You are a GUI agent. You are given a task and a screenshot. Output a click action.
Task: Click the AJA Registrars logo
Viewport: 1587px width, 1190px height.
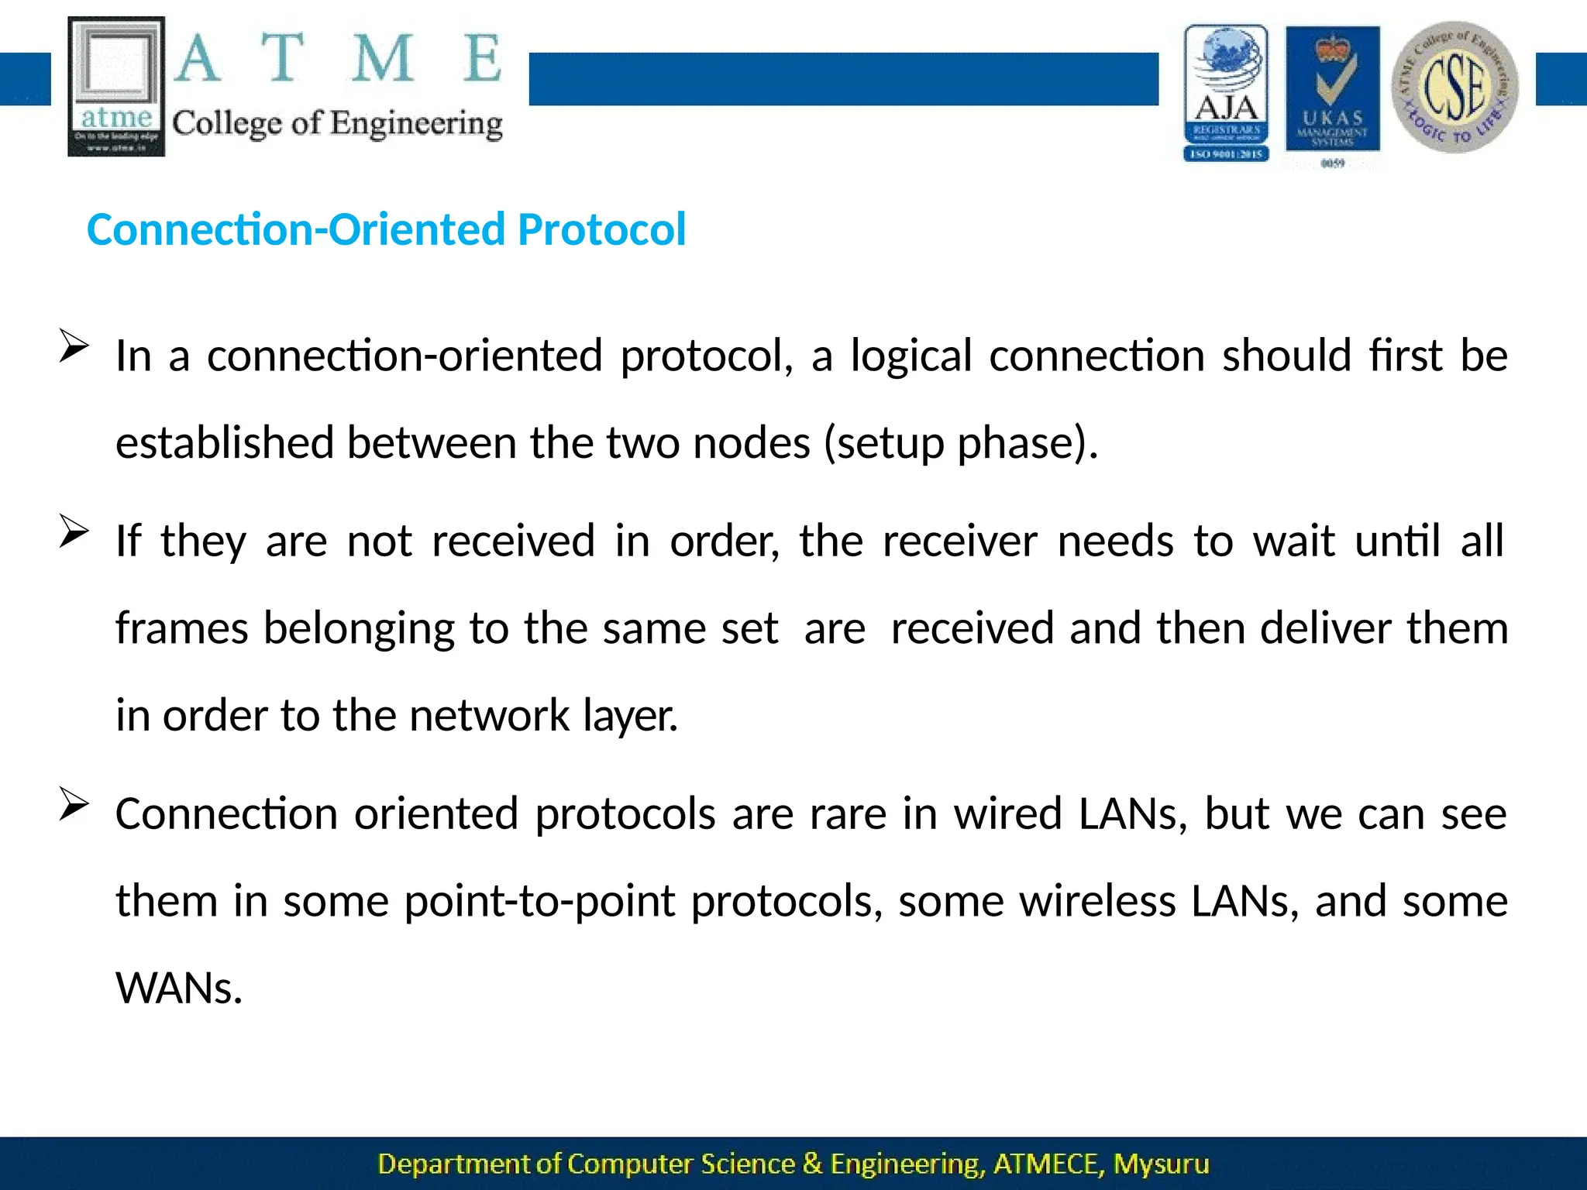pyautogui.click(x=1226, y=92)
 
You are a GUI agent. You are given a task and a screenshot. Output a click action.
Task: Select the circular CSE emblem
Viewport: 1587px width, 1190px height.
pyautogui.click(x=1454, y=87)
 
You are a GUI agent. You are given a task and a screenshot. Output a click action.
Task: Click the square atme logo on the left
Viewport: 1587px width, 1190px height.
pyautogui.click(x=116, y=86)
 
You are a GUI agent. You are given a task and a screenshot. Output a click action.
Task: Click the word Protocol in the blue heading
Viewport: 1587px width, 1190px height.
pyautogui.click(x=601, y=229)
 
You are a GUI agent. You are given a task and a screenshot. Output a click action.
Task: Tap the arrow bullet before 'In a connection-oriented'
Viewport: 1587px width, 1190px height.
pyautogui.click(x=74, y=346)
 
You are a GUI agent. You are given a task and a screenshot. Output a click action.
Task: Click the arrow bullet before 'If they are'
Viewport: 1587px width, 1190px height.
pyautogui.click(x=74, y=531)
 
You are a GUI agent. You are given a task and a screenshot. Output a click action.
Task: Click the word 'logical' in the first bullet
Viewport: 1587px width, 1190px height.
pyautogui.click(x=911, y=356)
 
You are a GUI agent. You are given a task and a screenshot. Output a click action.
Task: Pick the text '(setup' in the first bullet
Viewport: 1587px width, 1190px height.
pyautogui.click(x=883, y=444)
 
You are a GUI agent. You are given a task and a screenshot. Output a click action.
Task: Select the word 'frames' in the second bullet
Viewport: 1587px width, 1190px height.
pyautogui.click(x=181, y=628)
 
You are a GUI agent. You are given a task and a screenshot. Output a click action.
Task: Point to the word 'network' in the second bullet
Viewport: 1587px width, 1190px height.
pyautogui.click(x=489, y=716)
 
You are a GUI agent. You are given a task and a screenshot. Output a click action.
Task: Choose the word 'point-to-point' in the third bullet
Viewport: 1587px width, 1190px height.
pyautogui.click(x=540, y=902)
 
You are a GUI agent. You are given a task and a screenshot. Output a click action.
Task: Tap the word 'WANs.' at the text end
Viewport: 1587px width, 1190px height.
pyautogui.click(x=179, y=989)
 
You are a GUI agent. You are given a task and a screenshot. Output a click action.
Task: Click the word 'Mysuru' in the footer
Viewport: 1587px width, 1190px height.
pyautogui.click(x=1161, y=1164)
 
